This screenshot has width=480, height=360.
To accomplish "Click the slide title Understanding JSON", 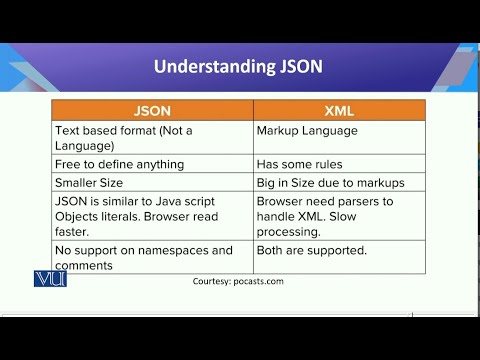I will tap(238, 68).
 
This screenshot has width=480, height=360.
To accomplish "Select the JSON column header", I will tap(152, 111).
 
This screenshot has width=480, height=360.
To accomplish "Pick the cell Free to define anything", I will tap(119, 162).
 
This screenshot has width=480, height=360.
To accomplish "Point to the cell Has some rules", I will tap(300, 162).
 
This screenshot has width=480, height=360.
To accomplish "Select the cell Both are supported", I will tap(312, 250).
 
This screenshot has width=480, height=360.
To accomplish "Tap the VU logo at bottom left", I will tap(49, 279).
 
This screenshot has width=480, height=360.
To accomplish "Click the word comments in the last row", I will tap(85, 264).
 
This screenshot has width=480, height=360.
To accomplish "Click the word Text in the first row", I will tap(68, 131).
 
